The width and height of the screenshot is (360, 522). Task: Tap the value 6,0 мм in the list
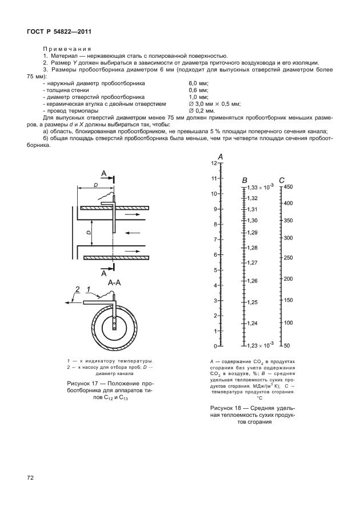click(198, 83)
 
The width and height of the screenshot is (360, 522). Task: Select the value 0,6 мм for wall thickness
click(198, 90)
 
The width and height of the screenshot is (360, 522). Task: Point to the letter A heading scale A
click(221, 157)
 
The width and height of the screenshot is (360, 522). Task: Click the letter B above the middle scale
click(245, 181)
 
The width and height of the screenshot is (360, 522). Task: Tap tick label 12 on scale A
click(214, 164)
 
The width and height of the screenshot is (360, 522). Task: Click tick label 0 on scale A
click(215, 346)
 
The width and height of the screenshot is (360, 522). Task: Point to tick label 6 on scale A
click(215, 254)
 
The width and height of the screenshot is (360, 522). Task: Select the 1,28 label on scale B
click(253, 248)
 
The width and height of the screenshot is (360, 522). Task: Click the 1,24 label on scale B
click(253, 324)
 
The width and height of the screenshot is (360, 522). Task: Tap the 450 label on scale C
click(288, 188)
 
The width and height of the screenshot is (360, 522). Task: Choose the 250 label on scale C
click(288, 258)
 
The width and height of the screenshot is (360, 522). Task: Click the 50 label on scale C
click(287, 346)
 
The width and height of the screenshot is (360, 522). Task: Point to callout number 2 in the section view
click(77, 288)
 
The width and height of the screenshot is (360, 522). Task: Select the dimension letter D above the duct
click(95, 185)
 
